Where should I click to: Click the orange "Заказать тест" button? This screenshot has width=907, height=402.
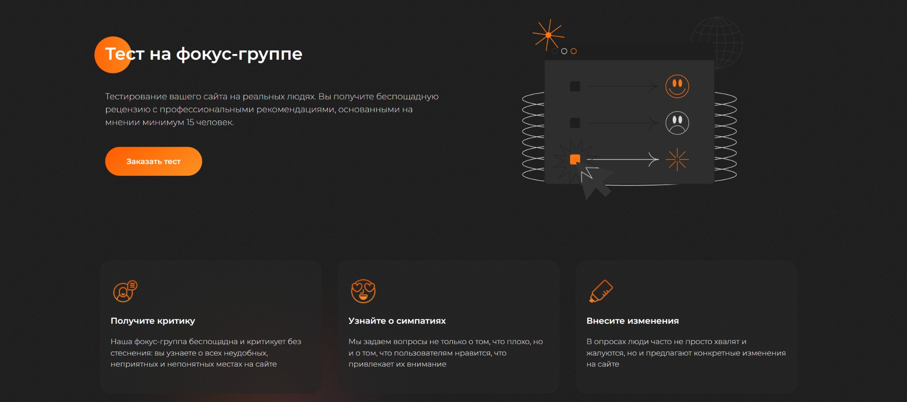point(153,161)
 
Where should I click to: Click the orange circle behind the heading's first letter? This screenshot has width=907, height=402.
point(113,54)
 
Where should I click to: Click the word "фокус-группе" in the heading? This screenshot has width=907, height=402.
point(239,54)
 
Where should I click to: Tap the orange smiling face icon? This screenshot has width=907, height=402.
point(677,86)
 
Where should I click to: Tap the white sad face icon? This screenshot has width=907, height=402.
point(677,123)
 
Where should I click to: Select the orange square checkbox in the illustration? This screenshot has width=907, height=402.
point(575,159)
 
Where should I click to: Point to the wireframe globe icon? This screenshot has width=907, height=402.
point(717,43)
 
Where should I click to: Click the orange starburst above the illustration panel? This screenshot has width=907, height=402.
point(548,35)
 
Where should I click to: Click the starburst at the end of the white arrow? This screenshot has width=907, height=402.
point(677,159)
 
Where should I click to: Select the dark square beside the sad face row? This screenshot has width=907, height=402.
point(575,123)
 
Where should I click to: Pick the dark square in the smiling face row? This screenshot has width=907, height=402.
point(575,86)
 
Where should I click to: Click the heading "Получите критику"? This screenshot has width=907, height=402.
point(153,321)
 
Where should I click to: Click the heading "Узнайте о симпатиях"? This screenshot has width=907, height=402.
point(397,321)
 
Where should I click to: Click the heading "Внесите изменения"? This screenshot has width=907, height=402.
point(632,321)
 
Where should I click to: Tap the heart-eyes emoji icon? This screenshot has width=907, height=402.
point(363,291)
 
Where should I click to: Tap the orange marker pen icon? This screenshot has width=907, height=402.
point(601,291)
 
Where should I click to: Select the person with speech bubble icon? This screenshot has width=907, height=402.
point(125,291)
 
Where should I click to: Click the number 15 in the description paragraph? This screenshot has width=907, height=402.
point(190,122)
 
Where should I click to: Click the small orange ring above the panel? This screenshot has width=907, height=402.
point(574,51)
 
